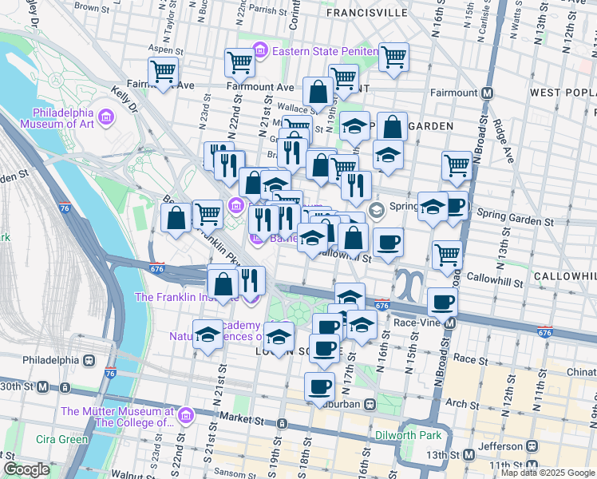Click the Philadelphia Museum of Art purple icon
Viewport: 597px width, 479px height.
tap(107, 118)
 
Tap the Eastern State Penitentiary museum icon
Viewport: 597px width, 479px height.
tap(260, 52)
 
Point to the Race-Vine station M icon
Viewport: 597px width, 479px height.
tap(451, 324)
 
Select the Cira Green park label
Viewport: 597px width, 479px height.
tap(61, 439)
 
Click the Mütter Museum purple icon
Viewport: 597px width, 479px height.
tap(185, 416)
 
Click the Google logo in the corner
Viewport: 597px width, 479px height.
tap(26, 469)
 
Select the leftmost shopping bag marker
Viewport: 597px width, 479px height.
tap(176, 217)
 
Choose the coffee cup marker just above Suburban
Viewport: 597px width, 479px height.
tap(320, 386)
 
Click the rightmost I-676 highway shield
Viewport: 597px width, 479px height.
tap(545, 331)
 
